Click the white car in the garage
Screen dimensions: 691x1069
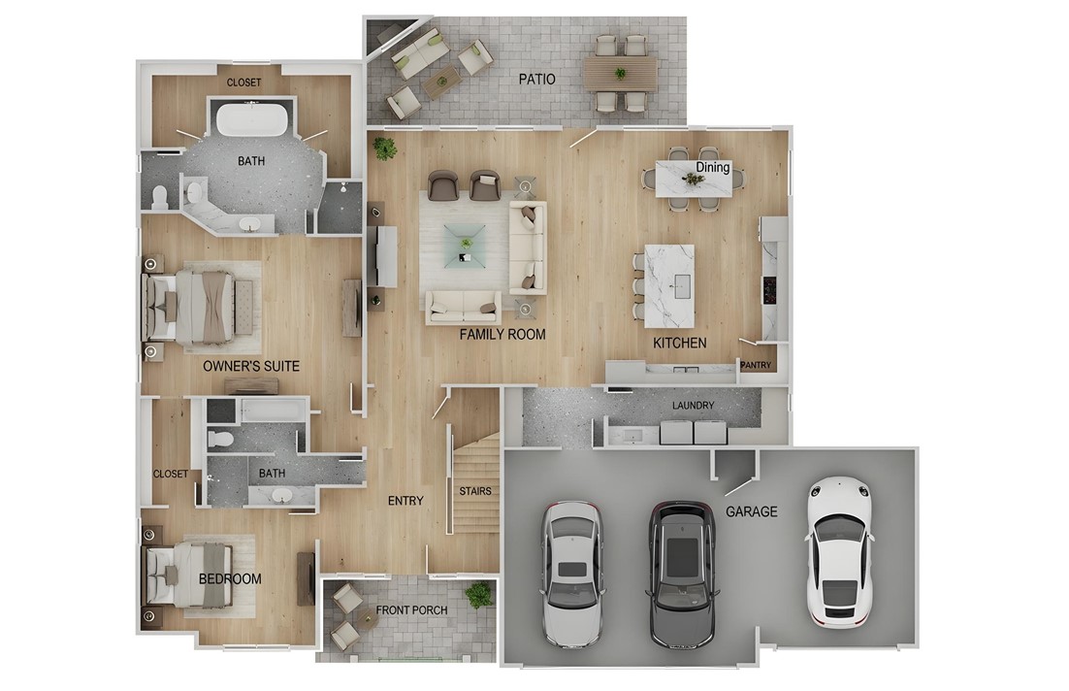[x=839, y=551]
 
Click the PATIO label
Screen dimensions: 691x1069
[x=536, y=79]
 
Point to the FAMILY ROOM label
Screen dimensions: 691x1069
[x=502, y=335]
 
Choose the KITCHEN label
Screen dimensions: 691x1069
[x=679, y=344]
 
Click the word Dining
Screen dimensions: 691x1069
[x=713, y=167]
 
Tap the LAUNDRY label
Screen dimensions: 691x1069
[x=693, y=406]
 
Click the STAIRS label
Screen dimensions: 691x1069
[x=475, y=491]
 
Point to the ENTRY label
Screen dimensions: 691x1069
[x=405, y=501]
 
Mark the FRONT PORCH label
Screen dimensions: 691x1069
[x=412, y=610]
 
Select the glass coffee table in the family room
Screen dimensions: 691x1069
[x=462, y=245]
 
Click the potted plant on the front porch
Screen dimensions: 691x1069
[x=478, y=593]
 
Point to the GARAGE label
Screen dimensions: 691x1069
[x=751, y=511]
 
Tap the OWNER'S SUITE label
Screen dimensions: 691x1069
[x=251, y=367]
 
